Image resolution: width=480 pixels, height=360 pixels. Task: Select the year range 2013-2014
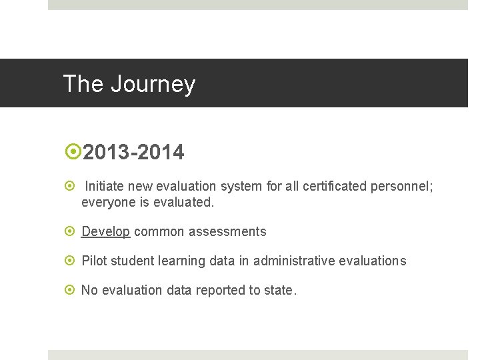click(x=134, y=153)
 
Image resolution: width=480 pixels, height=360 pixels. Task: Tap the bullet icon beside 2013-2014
click(x=72, y=153)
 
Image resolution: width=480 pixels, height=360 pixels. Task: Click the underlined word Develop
click(x=105, y=232)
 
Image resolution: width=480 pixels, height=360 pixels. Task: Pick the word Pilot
click(x=93, y=261)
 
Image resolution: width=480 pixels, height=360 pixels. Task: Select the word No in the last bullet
click(x=89, y=290)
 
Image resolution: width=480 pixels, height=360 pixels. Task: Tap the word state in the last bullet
click(x=279, y=290)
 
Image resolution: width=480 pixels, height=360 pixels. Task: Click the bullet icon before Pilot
click(x=72, y=261)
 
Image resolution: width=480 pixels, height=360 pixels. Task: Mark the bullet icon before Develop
click(x=72, y=232)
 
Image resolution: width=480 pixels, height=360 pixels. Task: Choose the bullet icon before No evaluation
click(x=72, y=290)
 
